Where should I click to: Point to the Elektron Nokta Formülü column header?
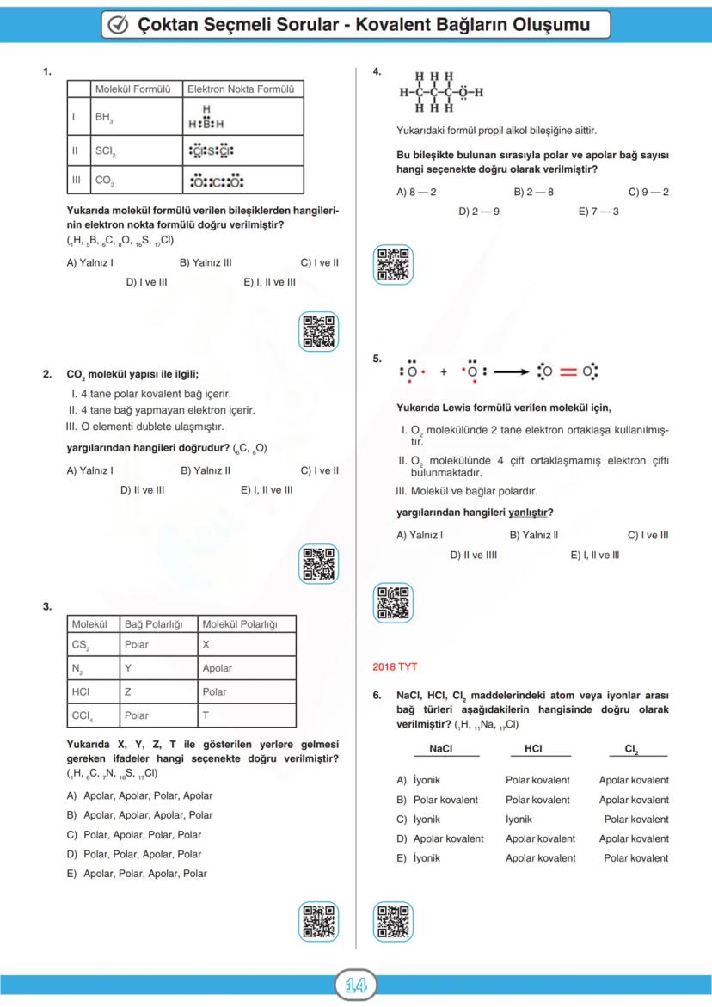point(241,89)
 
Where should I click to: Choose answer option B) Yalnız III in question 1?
point(205,263)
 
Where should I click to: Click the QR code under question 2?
point(318,564)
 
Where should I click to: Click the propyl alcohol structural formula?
point(440,92)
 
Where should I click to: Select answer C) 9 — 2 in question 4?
point(648,192)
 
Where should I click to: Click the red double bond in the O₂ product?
point(568,372)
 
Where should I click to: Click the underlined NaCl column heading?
point(440,749)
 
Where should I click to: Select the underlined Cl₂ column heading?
point(632,749)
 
